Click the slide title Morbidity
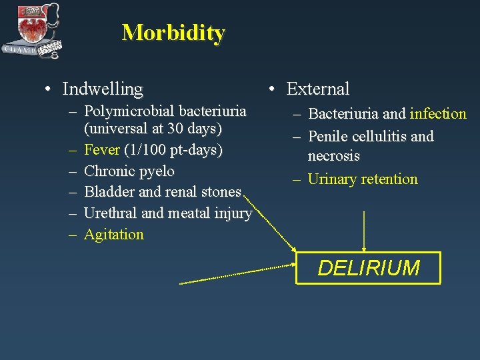173,32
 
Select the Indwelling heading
102,89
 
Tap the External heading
317,89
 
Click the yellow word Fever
102,149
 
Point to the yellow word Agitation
114,234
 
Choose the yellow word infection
438,114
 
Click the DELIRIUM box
369,268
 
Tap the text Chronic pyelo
129,171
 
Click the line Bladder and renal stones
163,192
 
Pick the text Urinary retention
363,179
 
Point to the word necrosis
333,156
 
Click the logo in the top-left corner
32,30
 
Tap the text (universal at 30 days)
153,127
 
